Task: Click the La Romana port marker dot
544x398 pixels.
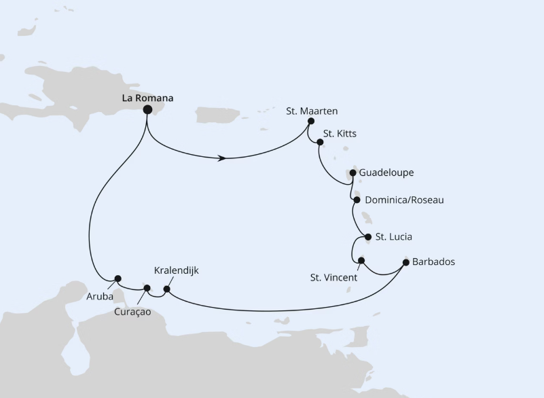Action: pyautogui.click(x=147, y=109)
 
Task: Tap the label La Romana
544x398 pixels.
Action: pyautogui.click(x=147, y=98)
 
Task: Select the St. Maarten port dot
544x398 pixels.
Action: pyautogui.click(x=310, y=122)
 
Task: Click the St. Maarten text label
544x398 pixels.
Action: pyautogui.click(x=312, y=110)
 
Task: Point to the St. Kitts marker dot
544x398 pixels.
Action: pyautogui.click(x=321, y=142)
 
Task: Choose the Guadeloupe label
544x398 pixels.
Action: pyautogui.click(x=386, y=173)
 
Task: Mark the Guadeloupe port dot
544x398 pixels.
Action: pyautogui.click(x=352, y=173)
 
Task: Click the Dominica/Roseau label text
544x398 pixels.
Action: pyautogui.click(x=403, y=200)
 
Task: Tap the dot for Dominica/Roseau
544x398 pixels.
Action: pyautogui.click(x=357, y=200)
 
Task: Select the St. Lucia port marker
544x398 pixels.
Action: pyautogui.click(x=368, y=237)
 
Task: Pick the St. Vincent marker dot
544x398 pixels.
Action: pyautogui.click(x=361, y=261)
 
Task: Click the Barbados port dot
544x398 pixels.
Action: pyautogui.click(x=406, y=261)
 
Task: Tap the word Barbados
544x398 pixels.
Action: pyautogui.click(x=434, y=261)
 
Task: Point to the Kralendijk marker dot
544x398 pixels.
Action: pyautogui.click(x=167, y=289)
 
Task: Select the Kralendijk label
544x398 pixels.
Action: pyautogui.click(x=177, y=270)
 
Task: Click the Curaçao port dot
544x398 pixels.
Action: pyautogui.click(x=147, y=288)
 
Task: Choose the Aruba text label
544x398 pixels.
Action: pyautogui.click(x=99, y=296)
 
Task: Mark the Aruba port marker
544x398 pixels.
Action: pyautogui.click(x=118, y=278)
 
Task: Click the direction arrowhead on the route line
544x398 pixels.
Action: pyautogui.click(x=222, y=159)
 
